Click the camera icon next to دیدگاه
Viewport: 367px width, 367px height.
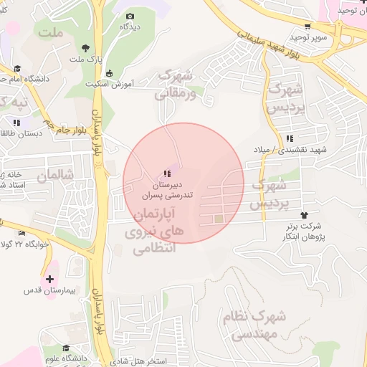pyautogui.click(x=130, y=16)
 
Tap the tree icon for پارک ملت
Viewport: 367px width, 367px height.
pyautogui.click(x=86, y=48)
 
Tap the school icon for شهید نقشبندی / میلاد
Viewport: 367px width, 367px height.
pyautogui.click(x=289, y=138)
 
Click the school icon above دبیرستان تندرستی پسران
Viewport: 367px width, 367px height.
pyautogui.click(x=167, y=173)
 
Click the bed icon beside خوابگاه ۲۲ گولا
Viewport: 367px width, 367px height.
pyautogui.click(x=22, y=233)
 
